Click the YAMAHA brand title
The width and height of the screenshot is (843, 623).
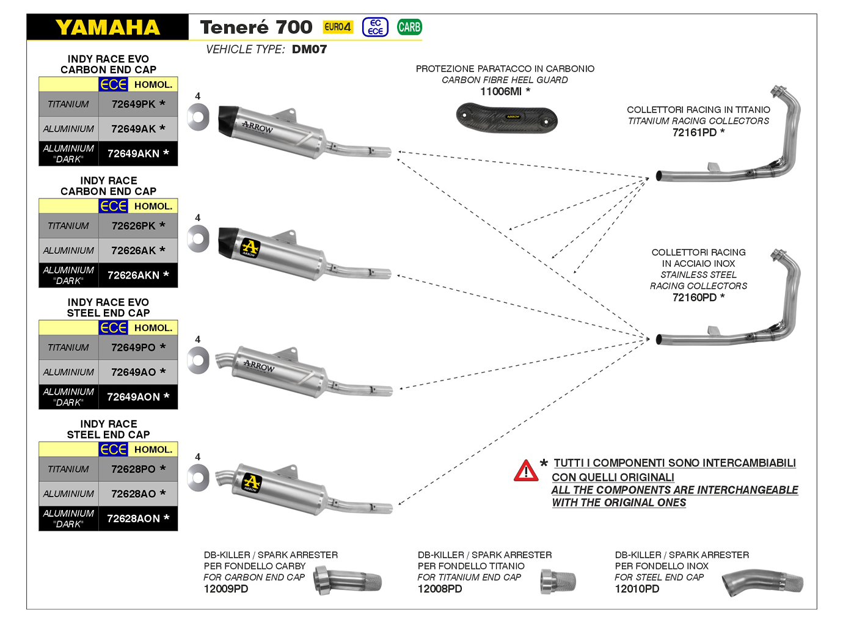[x=108, y=27]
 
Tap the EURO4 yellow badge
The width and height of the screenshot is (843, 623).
[x=338, y=27]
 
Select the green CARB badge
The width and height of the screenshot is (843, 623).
[x=409, y=27]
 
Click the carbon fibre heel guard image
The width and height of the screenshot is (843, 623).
[x=506, y=117]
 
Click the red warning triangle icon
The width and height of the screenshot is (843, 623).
[x=526, y=471]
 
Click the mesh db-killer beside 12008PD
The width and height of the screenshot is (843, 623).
[x=558, y=582]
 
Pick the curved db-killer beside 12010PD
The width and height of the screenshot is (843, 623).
[x=762, y=583]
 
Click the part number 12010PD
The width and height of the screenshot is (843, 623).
[x=637, y=589]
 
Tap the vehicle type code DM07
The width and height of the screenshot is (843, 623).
[x=309, y=49]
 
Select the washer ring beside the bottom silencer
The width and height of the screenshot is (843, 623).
[x=199, y=478]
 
